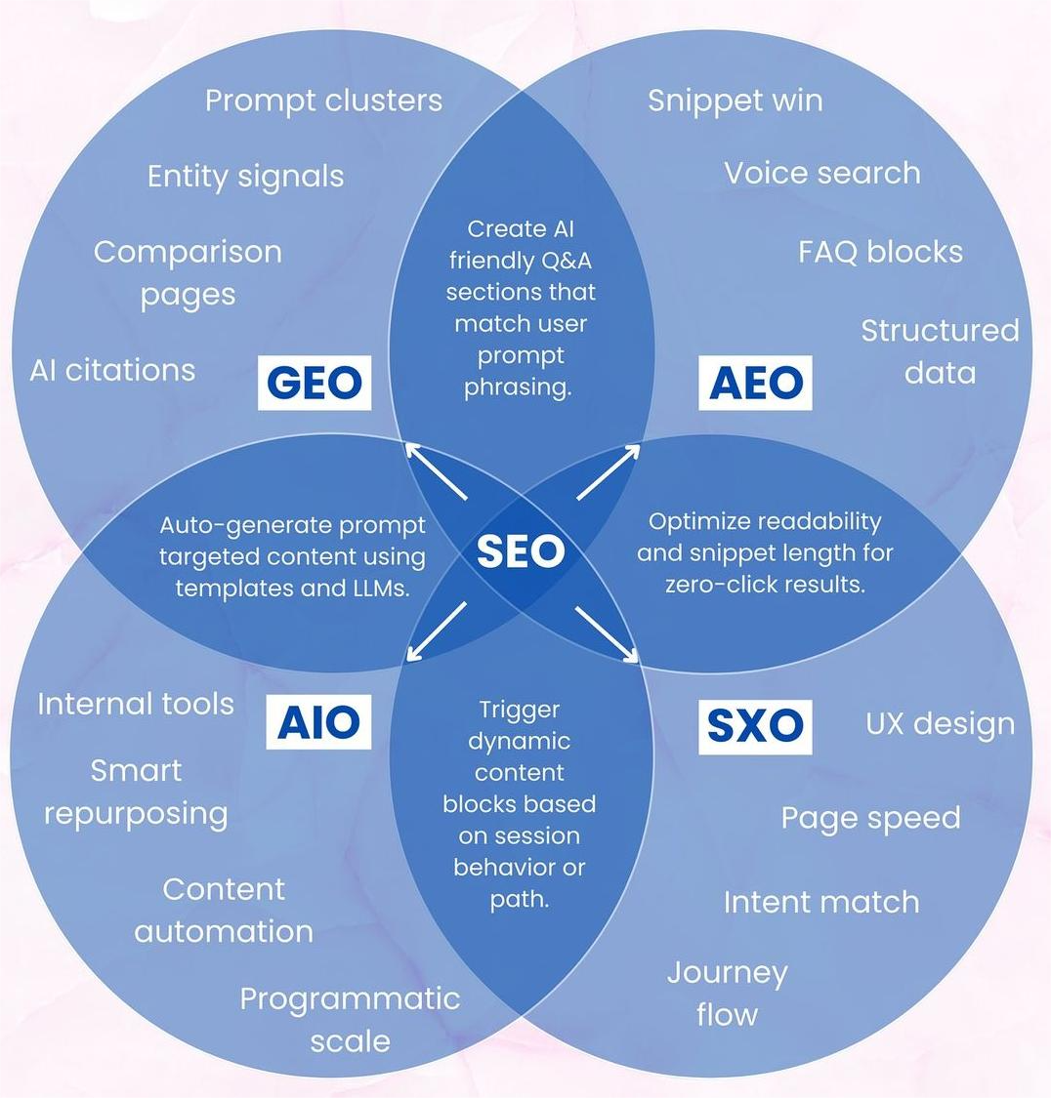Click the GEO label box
[x=315, y=382]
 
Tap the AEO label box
[x=755, y=382]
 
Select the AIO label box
[x=318, y=722]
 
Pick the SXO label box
[x=754, y=725]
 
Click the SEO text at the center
[x=521, y=552]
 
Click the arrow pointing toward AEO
[x=608, y=472]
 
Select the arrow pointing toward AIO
[x=436, y=631]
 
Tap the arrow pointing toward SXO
[x=606, y=634]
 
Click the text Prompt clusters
[x=323, y=101]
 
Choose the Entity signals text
[x=245, y=177]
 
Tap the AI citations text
[x=112, y=371]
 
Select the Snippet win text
[x=735, y=101]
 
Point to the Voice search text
[x=821, y=173]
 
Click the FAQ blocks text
[x=880, y=252]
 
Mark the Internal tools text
[x=135, y=704]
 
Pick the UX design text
[x=940, y=724]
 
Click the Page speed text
[x=870, y=818]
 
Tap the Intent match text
[x=820, y=902]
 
